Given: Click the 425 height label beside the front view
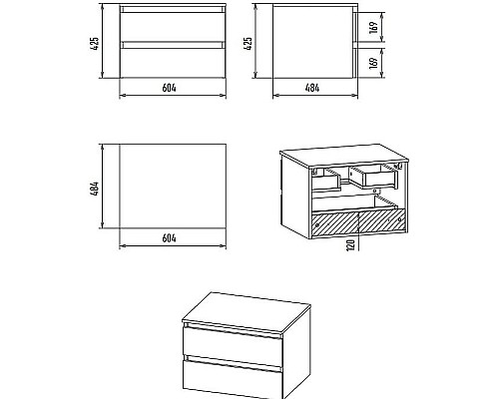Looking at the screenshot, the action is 95,44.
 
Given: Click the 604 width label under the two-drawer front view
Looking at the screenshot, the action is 169,88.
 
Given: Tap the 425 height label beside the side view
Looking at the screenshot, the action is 248,44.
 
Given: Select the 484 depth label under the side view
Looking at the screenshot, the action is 312,88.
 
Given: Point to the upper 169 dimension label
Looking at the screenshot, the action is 373,27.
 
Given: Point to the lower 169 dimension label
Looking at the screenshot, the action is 373,63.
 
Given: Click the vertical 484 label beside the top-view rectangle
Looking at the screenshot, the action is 95,189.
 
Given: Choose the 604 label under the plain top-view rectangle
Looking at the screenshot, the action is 169,238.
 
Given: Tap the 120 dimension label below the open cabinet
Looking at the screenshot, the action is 350,244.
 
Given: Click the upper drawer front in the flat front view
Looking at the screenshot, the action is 173,27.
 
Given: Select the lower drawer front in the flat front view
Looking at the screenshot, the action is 173,63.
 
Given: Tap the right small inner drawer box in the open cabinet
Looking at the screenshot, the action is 373,177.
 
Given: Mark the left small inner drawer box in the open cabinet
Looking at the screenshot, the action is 326,180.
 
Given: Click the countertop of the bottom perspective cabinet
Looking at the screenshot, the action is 247,311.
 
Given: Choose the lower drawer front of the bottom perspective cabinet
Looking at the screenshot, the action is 233,379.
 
